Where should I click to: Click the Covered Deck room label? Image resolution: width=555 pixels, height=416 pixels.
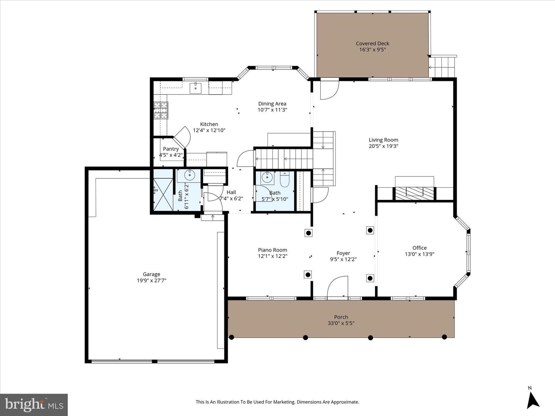point(372,44)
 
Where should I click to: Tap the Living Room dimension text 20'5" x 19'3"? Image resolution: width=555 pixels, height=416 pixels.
point(383,146)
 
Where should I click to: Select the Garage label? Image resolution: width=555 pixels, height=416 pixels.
point(151,274)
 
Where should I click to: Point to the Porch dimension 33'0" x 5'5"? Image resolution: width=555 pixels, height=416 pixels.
point(341,323)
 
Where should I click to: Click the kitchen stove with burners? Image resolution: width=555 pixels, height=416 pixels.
point(161,110)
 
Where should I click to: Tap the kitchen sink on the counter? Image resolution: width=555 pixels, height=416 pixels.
point(196,88)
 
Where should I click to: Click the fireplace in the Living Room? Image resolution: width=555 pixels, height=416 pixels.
point(414,192)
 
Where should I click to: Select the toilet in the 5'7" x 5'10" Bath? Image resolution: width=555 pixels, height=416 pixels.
point(284,180)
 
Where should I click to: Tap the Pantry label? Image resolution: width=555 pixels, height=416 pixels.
point(171,149)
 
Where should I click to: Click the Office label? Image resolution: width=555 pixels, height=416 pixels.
point(419,248)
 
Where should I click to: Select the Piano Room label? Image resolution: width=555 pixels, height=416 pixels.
point(272,250)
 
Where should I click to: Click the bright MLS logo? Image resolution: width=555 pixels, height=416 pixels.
point(34,404)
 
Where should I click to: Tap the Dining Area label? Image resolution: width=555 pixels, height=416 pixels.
point(272,103)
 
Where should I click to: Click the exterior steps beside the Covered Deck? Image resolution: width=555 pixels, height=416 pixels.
point(443,67)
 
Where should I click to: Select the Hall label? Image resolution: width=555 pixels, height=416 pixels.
point(231,192)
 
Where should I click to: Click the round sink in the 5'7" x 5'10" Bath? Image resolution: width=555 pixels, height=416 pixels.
point(267,178)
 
